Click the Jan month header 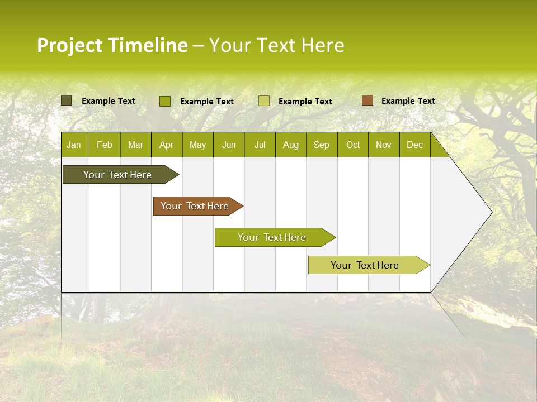[x=74, y=145]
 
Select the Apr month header [x=166, y=145]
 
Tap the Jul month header [x=260, y=145]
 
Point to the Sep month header [x=321, y=145]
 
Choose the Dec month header [x=414, y=145]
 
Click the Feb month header [x=105, y=145]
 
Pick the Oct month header [x=353, y=145]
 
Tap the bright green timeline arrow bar [x=272, y=237]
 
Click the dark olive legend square [x=66, y=100]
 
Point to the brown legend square [x=367, y=100]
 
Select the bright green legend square [x=164, y=101]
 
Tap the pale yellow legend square [x=264, y=101]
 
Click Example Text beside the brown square [x=408, y=101]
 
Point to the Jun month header [x=229, y=145]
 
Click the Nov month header [x=384, y=145]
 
